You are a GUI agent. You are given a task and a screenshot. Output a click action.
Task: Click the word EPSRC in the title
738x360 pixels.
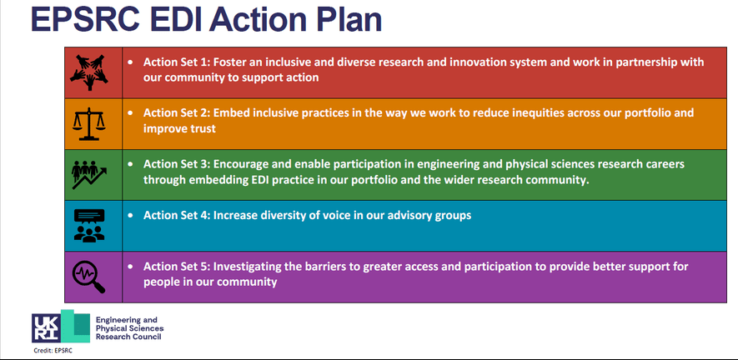pyautogui.click(x=85, y=19)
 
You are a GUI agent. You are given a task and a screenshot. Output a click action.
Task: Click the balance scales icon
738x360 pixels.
pyautogui.click(x=88, y=124)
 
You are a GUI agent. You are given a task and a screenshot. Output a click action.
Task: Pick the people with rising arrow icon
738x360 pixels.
pyautogui.click(x=89, y=175)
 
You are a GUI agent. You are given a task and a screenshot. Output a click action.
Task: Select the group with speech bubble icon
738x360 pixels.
pyautogui.click(x=89, y=226)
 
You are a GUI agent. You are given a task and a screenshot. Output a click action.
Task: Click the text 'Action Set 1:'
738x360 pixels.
pyautogui.click(x=177, y=62)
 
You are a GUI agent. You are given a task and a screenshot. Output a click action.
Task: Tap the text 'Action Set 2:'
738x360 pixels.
pyautogui.click(x=177, y=113)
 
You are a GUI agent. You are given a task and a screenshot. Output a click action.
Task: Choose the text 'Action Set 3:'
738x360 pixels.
pyautogui.click(x=177, y=164)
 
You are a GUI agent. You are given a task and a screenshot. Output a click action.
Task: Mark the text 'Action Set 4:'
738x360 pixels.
pyautogui.click(x=177, y=216)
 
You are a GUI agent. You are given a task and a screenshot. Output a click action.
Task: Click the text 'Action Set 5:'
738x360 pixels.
pyautogui.click(x=177, y=267)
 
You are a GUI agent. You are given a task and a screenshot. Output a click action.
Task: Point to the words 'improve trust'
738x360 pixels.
pyautogui.click(x=180, y=128)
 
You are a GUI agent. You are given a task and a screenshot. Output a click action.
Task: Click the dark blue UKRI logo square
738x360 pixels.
pyautogui.click(x=46, y=327)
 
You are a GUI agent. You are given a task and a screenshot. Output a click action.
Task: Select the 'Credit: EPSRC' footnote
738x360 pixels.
pyautogui.click(x=53, y=351)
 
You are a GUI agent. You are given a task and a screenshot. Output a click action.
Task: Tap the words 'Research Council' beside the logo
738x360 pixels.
pyautogui.click(x=128, y=337)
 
